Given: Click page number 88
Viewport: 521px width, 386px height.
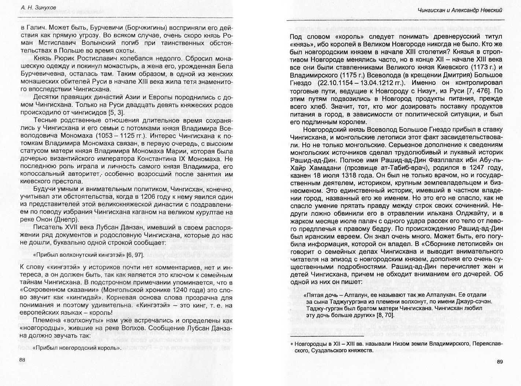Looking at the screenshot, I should [22, 360].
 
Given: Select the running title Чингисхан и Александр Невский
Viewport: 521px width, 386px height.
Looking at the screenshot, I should [460, 10].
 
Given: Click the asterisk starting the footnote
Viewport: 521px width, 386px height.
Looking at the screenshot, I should [292, 344].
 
